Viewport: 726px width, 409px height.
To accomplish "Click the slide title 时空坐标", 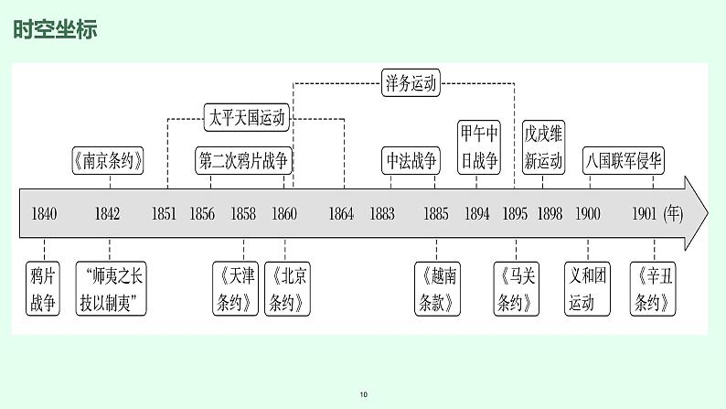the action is coord(55,29).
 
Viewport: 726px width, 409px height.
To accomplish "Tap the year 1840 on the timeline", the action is coord(44,214).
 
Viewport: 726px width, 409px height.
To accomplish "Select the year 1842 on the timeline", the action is coord(107,214).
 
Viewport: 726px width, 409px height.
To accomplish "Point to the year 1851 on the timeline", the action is coord(165,214).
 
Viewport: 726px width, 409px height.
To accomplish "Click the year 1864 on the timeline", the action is coord(340,214).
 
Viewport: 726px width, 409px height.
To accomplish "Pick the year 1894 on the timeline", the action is coord(476,214).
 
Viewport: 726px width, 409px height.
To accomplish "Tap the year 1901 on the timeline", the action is coord(645,214).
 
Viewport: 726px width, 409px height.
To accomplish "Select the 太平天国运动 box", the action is coord(248,117).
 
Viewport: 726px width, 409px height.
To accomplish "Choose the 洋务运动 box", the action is coord(411,84).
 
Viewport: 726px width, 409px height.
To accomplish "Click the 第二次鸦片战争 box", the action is coord(243,161).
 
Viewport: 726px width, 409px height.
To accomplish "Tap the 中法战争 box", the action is coord(411,161).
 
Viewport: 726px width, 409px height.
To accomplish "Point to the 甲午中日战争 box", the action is coord(479,147).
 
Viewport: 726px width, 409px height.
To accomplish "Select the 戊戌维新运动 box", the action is coord(543,147).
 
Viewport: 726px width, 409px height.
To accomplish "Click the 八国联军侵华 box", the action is coord(625,161).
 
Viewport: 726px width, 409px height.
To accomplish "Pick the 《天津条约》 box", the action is coord(236,289).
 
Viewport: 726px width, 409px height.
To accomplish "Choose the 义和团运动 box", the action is coord(588,289).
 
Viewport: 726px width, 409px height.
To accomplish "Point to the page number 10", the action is coord(363,394).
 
